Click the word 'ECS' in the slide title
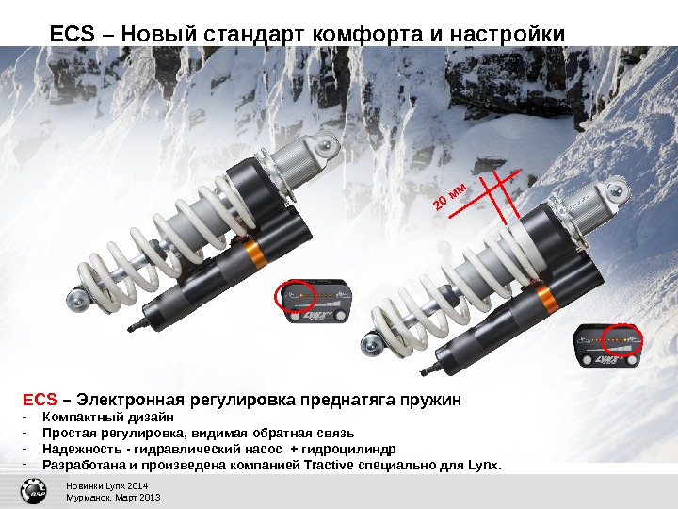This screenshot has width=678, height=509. tap(73, 34)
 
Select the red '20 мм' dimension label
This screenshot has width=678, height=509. tap(450, 197)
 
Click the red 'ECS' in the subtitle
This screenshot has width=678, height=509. tap(40, 399)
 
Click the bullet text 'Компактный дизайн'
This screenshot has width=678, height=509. tap(108, 418)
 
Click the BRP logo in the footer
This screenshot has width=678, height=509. tap(34, 492)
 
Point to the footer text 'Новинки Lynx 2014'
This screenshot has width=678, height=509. tap(106, 486)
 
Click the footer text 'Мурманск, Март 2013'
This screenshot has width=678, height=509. tap(113, 498)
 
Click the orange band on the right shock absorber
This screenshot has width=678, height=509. tap(546, 300)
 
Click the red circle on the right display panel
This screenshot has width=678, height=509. tap(622, 340)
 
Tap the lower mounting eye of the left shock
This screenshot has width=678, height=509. tap(78, 298)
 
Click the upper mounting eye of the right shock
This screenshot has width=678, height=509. tap(617, 189)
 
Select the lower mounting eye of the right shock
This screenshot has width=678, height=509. tap(371, 344)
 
